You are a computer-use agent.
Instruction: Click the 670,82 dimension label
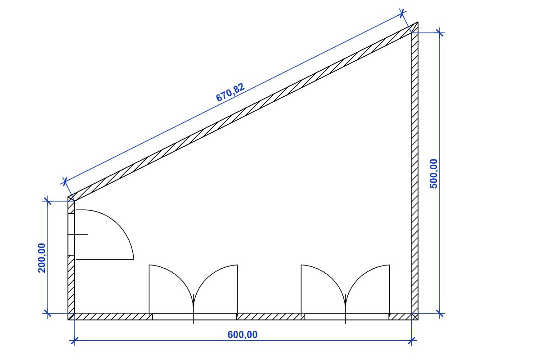pyautogui.click(x=230, y=93)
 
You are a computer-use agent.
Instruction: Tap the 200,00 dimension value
pyautogui.click(x=41, y=257)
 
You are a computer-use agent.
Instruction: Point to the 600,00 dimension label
pyautogui.click(x=243, y=334)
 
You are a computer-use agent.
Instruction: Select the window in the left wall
pyautogui.click(x=71, y=234)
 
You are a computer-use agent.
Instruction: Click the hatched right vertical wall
pyautogui.click(x=415, y=171)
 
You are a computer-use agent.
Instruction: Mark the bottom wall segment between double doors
pyautogui.click(x=269, y=316)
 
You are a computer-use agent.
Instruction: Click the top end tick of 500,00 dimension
pyautogui.click(x=440, y=32)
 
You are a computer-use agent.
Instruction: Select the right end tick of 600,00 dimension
pyautogui.click(x=411, y=341)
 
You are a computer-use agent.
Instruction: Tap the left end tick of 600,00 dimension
pyautogui.click(x=75, y=341)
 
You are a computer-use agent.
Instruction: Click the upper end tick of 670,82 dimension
pyautogui.click(x=403, y=13)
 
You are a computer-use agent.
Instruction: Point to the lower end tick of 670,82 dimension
pyautogui.click(x=65, y=182)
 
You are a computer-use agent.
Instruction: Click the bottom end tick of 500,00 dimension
pyautogui.click(x=440, y=313)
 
